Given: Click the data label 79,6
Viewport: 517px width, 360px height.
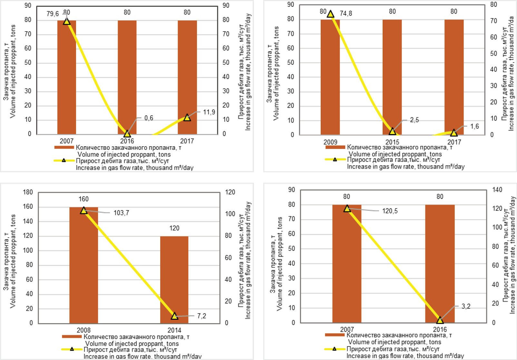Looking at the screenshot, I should tap(53, 14).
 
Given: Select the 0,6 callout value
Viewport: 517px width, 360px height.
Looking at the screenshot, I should tap(149, 118).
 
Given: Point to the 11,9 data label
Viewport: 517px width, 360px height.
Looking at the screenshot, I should tap(209, 112).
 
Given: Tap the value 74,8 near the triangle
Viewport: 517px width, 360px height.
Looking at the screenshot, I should tap(346, 14).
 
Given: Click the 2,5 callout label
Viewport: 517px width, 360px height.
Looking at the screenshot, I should tap(414, 120).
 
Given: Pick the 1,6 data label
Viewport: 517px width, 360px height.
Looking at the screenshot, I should tap(474, 126).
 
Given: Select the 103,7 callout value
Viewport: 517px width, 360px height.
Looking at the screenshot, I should tap(121, 213).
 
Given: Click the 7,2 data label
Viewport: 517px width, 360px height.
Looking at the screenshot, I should tap(201, 316).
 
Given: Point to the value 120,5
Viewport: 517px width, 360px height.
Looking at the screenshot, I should tap(390, 211).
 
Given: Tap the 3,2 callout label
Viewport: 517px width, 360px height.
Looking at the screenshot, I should tap(466, 306).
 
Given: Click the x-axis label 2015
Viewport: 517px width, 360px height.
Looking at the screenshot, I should tap(392, 142).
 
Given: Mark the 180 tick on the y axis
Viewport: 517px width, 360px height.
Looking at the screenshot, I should tap(28, 192).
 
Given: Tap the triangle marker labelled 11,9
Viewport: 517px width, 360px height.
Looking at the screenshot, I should tap(187, 118).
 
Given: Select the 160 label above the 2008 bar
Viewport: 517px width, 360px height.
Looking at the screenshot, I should tap(83, 199).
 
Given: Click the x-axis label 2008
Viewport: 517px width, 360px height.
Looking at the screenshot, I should tap(83, 330).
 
